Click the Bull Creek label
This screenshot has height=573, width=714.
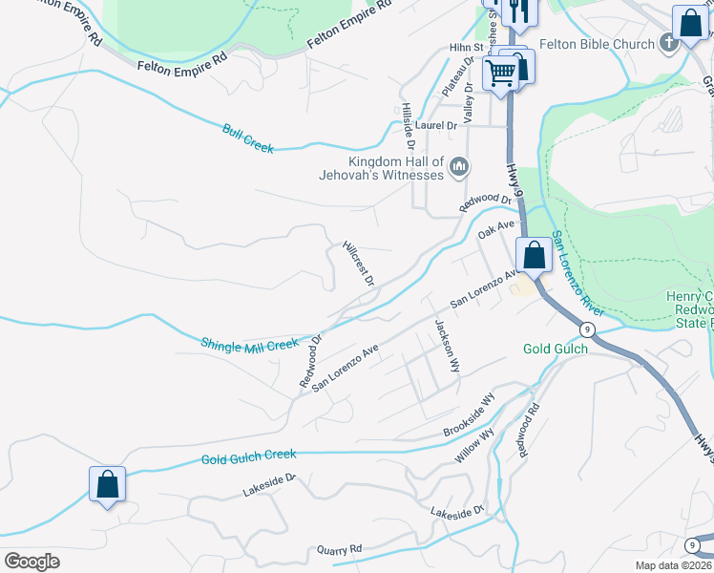[x=248, y=139]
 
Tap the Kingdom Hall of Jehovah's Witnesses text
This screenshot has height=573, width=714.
[x=396, y=168]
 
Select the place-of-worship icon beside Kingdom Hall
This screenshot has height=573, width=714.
[x=459, y=168]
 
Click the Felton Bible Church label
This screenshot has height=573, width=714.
[x=597, y=44]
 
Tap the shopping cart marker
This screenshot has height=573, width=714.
[x=500, y=73]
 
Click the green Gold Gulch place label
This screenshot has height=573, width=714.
[x=555, y=349]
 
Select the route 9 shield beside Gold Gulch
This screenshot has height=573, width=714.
[x=587, y=329]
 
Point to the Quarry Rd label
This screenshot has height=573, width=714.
[x=340, y=550]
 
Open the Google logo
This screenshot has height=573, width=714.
[x=31, y=562]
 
